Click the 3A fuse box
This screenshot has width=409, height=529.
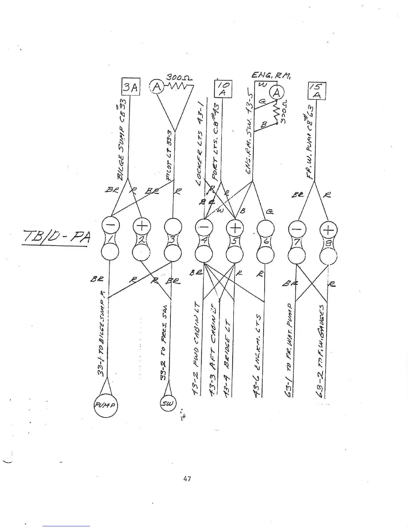[x=130, y=87]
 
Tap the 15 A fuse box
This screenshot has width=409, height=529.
[x=316, y=91]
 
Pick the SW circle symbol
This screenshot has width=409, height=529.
[x=168, y=403]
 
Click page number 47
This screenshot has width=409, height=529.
[x=187, y=479]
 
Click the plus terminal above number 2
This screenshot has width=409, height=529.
[x=142, y=226]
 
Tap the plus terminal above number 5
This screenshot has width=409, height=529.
[x=235, y=228]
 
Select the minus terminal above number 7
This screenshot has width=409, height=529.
[x=297, y=229]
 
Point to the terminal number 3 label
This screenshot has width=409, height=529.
[x=172, y=239]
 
